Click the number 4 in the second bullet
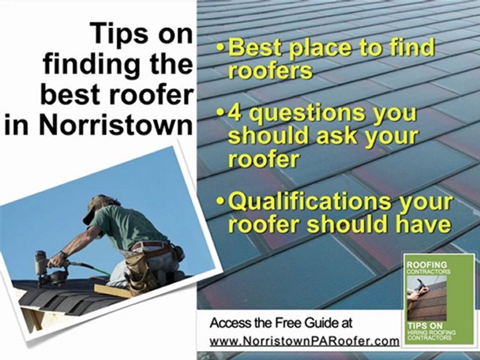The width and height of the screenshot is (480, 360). point(237,113)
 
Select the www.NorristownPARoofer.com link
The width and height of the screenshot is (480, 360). point(304,341)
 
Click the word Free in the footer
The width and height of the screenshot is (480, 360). point(288,323)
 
